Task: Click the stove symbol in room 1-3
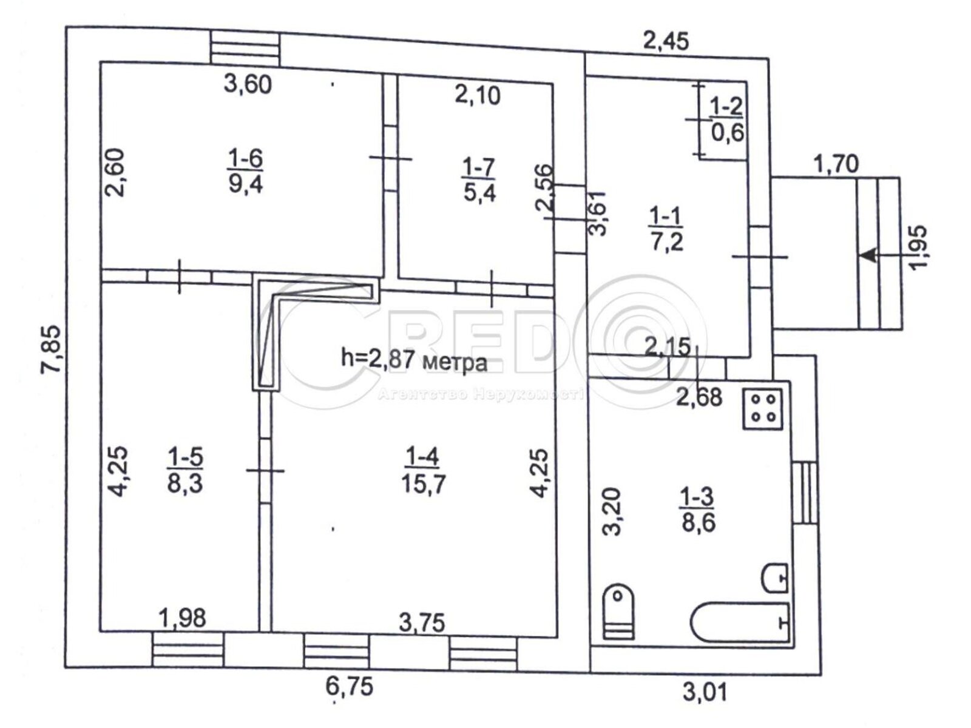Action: [763, 409]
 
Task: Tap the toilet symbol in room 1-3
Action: [619, 612]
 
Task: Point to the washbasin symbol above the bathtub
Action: [774, 578]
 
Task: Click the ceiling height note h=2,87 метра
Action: [414, 360]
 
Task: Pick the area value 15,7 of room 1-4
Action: [424, 483]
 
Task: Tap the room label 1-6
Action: [246, 158]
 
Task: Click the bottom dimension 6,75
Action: [350, 687]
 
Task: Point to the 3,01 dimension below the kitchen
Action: [705, 692]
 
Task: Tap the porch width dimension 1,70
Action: [836, 164]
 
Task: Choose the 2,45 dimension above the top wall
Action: [666, 41]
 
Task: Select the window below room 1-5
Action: [187, 649]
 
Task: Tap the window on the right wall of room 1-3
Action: [805, 493]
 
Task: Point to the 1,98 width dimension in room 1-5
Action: [183, 618]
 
